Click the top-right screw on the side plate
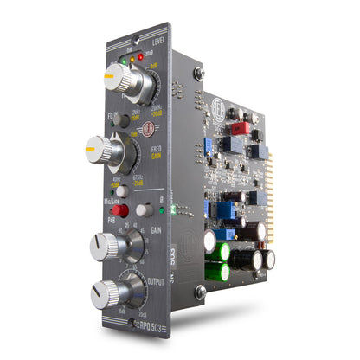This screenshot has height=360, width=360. click(x=199, y=74)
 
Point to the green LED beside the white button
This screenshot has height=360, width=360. click(x=174, y=209)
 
